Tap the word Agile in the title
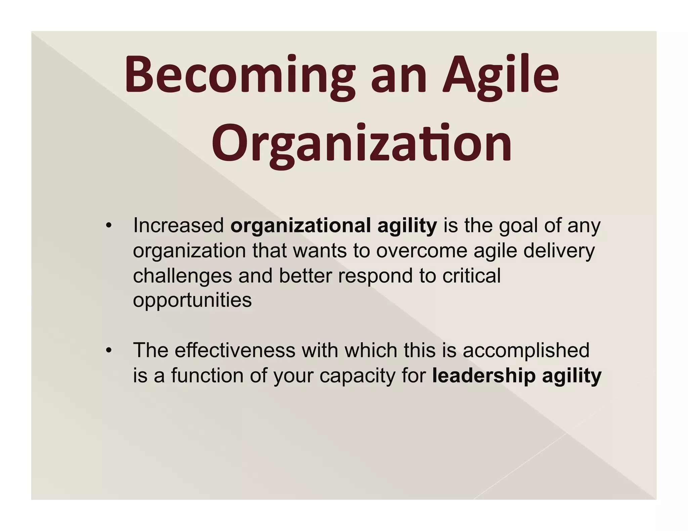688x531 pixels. coord(501,75)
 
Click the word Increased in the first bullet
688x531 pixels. coord(178,225)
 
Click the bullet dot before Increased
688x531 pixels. coord(108,226)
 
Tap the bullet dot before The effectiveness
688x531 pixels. coord(108,351)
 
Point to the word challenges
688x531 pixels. coord(182,276)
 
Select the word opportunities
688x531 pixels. coord(192,300)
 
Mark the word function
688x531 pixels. coord(207,375)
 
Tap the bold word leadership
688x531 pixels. coord(484,376)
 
